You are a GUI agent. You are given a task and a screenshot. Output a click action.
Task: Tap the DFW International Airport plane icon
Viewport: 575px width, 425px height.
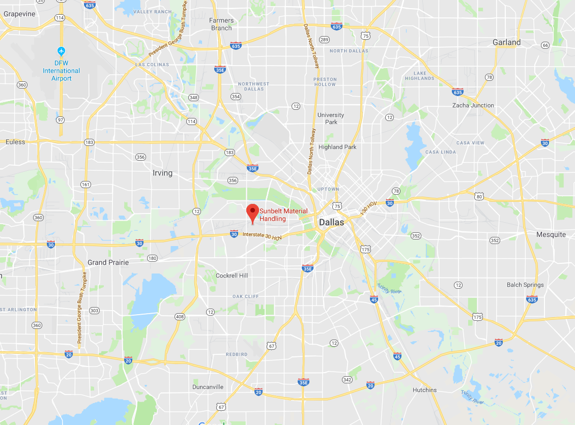coord(62,51)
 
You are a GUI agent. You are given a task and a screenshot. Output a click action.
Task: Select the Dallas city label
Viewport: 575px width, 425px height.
coord(331,222)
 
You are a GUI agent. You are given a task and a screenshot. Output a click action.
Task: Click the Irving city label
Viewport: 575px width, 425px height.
coord(162,173)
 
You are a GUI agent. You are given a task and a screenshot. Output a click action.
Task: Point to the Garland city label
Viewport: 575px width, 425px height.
coord(506,43)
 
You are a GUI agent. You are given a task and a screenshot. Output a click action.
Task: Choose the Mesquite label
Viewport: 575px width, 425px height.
coord(551,234)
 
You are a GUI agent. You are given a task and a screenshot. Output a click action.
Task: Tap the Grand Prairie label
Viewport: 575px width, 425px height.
coord(108,262)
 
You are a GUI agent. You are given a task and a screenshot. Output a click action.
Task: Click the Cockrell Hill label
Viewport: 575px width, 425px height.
coord(232,276)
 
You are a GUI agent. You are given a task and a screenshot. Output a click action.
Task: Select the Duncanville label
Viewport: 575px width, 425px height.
coord(208,387)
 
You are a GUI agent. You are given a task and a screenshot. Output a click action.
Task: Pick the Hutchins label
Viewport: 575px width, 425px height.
coord(424,390)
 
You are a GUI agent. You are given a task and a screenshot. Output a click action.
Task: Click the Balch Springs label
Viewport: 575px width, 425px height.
coord(526,285)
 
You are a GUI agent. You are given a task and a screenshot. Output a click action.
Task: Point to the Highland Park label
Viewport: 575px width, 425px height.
coord(337,147)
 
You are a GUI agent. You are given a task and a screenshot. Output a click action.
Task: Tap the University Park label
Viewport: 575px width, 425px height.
coord(331,118)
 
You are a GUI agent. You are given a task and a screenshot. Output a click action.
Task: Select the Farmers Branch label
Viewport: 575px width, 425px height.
coord(221,24)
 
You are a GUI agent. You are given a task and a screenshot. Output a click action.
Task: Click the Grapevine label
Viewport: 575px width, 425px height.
coord(19,14)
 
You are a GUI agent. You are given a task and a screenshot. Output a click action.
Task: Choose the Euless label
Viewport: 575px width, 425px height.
coord(15,142)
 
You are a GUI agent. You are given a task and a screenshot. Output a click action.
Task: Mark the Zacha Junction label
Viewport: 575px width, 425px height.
coord(473,105)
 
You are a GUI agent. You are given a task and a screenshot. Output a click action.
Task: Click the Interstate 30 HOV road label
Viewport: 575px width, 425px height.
coord(262,236)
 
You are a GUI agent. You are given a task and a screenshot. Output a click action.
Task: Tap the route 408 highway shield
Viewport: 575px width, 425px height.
coord(179,317)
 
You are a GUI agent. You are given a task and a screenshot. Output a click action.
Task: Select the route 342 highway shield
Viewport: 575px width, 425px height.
coord(347,380)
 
